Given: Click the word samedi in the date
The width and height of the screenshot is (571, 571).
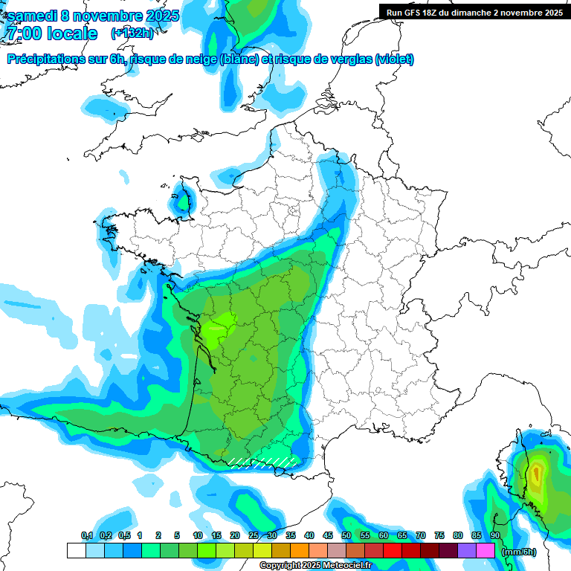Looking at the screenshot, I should click(x=34, y=16).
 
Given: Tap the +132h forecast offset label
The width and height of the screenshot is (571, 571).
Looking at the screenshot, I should click(x=132, y=33).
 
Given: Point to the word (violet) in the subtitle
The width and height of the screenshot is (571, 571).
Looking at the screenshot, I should click(x=394, y=59).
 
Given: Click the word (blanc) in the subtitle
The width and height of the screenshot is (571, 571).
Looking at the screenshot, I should click(x=239, y=59).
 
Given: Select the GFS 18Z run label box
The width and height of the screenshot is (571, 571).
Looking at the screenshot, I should click(x=474, y=13).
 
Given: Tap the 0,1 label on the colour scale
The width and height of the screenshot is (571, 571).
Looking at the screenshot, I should click(x=86, y=535).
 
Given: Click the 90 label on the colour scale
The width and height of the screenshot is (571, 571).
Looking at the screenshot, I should click(x=494, y=535).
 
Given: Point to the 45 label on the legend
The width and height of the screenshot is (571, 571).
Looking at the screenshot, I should click(x=327, y=535).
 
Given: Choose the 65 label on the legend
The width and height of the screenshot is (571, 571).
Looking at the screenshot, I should click(x=401, y=535).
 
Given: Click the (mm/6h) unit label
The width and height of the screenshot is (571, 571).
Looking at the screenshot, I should click(x=518, y=552).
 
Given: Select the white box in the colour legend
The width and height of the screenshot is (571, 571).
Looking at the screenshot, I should click(x=76, y=551).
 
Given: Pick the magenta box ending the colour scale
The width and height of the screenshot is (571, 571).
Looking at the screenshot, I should click(x=485, y=551).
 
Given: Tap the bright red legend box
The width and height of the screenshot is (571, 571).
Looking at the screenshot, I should click(x=393, y=551).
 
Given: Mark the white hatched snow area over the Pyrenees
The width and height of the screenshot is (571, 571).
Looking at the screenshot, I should click(x=260, y=462).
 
